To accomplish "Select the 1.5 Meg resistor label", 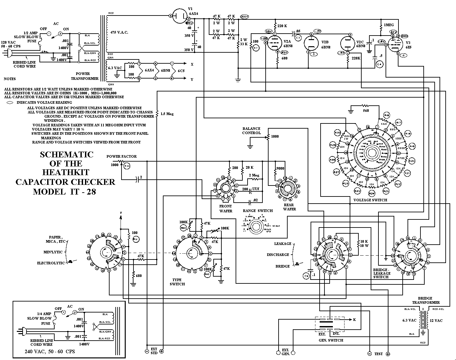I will tap(167, 114).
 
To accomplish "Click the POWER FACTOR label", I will tap(122, 156).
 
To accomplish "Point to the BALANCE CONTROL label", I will tap(251, 131).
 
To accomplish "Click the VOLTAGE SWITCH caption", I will tap(370, 200).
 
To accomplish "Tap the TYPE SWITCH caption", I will tap(177, 282).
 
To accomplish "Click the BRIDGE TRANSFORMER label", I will tap(429, 300).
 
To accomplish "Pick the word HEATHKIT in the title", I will tap(66, 173).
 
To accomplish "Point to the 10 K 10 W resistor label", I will tap(364, 243).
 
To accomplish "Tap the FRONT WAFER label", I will tap(226, 208).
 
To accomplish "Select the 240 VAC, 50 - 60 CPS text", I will tap(50, 351).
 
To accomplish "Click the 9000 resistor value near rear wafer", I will tap(281, 168).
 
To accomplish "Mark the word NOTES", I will tap(10, 79).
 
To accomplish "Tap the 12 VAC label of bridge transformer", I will tap(436, 320).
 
